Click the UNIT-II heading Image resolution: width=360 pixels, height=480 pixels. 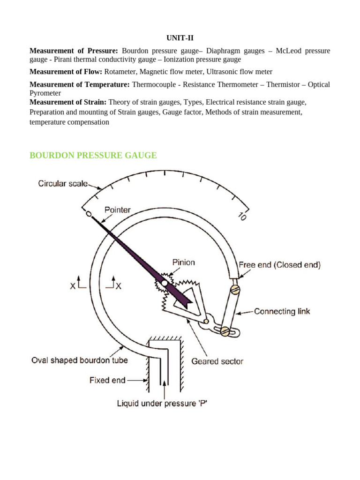[180, 38]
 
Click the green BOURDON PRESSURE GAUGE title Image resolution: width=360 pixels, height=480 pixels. [93, 155]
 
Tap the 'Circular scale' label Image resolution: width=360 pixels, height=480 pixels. [63, 184]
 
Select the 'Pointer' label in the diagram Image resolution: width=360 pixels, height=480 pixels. [118, 210]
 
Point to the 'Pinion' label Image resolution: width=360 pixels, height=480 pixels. [183, 262]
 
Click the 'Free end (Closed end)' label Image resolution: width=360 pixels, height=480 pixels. [280, 265]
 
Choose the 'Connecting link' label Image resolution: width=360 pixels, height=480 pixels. [282, 311]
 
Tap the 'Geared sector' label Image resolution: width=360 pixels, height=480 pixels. [217, 361]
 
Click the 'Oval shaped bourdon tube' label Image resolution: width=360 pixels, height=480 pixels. [79, 360]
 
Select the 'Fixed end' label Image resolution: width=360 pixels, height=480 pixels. [107, 380]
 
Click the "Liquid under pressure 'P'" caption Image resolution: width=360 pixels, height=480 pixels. [162, 403]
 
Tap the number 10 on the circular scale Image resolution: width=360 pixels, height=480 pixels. [242, 217]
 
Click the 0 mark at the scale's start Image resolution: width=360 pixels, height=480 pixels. [88, 214]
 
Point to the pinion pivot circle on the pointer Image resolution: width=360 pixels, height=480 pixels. [164, 284]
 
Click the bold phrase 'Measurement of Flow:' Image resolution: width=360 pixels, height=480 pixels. [66, 72]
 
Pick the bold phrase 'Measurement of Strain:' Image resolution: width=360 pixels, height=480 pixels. [68, 102]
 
